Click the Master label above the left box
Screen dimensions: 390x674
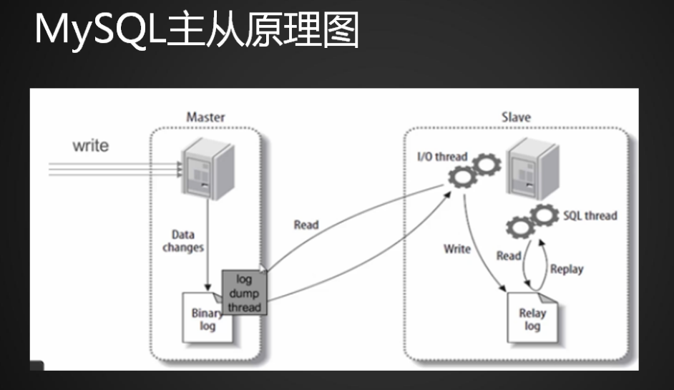(205, 117)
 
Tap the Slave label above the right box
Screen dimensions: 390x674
(517, 117)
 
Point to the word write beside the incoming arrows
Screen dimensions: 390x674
(91, 146)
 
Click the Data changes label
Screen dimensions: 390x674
(183, 240)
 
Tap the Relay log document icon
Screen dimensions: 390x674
(532, 316)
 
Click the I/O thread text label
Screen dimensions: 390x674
(441, 157)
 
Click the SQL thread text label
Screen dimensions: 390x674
(590, 215)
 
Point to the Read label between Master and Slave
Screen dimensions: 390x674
(306, 225)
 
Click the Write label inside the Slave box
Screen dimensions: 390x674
(457, 249)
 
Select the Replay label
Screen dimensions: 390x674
(567, 270)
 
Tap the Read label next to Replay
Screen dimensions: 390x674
(509, 256)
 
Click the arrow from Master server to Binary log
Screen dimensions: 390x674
(207, 243)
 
